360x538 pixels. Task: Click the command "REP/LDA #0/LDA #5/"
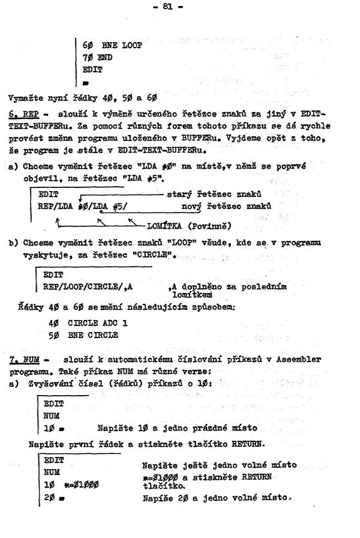(x=87, y=207)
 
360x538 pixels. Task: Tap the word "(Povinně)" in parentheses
(x=214, y=226)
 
